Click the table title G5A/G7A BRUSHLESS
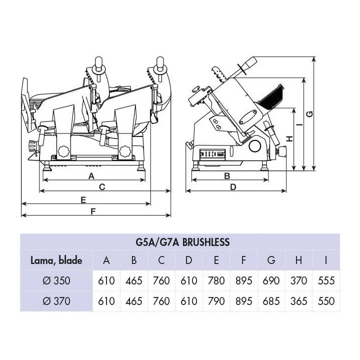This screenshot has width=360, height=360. click(182, 242)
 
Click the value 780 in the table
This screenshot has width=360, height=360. click(216, 280)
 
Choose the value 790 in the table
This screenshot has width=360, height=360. click(216, 301)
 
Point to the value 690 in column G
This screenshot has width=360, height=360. click(271, 280)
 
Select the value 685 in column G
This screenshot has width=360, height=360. click(271, 301)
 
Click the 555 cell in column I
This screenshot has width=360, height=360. click(326, 280)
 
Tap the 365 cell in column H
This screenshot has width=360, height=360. click(298, 301)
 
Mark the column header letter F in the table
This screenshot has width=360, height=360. click(244, 260)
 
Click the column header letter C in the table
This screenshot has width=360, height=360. click(161, 260)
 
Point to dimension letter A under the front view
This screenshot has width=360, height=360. click(91, 175)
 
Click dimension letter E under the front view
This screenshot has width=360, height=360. click(83, 199)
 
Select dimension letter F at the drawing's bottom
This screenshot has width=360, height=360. click(93, 211)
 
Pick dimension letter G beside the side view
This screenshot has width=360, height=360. click(309, 114)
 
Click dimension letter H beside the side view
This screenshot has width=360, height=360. click(289, 137)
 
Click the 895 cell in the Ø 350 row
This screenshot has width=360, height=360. click(244, 280)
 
